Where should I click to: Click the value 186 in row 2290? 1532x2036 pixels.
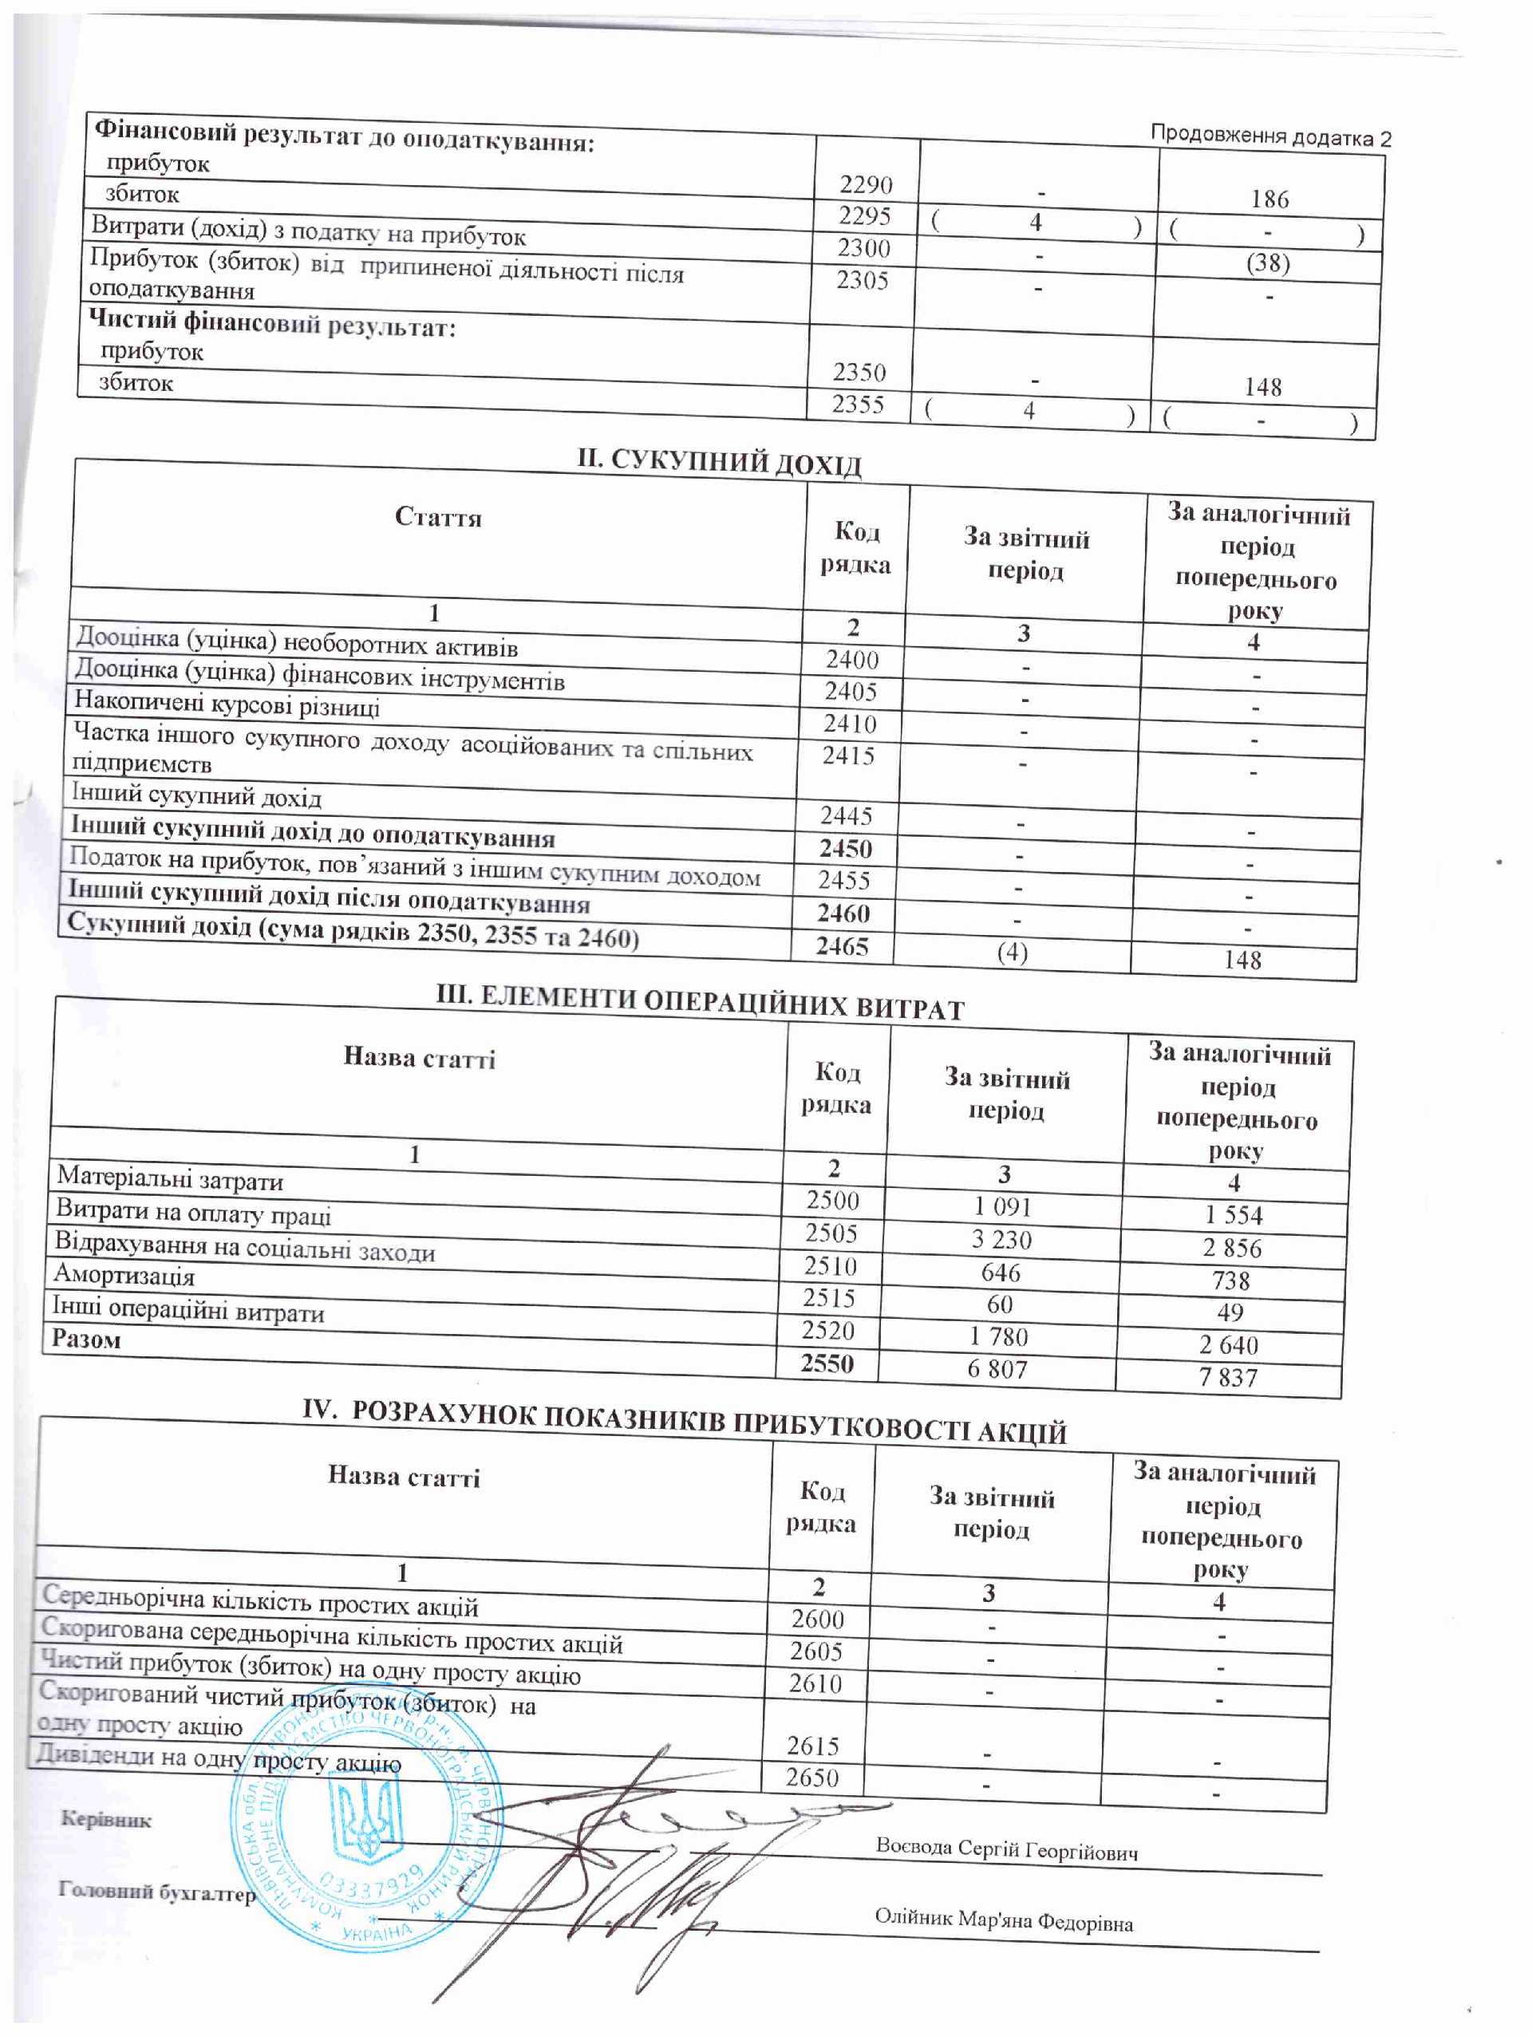coord(1269,199)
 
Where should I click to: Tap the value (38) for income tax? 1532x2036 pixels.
coord(1268,263)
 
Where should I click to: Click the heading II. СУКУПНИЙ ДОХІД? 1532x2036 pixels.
coord(719,462)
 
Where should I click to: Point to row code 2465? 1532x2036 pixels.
coord(842,945)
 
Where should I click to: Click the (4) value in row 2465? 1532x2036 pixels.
coord(1013,952)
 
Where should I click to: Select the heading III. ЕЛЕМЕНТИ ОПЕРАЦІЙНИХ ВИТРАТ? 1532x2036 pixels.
coord(699,1004)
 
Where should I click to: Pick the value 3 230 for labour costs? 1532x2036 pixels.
coord(1001,1240)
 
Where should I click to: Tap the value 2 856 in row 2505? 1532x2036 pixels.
coord(1232,1248)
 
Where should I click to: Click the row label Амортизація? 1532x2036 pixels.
coord(124,1276)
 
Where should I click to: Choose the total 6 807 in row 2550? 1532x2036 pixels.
coord(996,1369)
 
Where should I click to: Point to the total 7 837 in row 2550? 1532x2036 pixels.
coord(1227,1377)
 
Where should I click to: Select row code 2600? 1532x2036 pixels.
coord(816,1618)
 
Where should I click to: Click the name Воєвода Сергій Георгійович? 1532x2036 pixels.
coord(1006,1849)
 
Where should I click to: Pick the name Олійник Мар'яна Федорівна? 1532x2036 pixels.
coord(1004,1921)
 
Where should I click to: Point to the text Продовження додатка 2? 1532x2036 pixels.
coord(1270,136)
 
